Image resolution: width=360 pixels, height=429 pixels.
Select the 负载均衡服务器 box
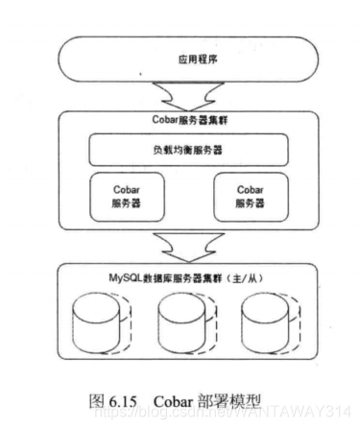pyautogui.click(x=180, y=150)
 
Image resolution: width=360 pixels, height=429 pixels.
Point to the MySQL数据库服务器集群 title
pyautogui.click(x=180, y=274)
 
